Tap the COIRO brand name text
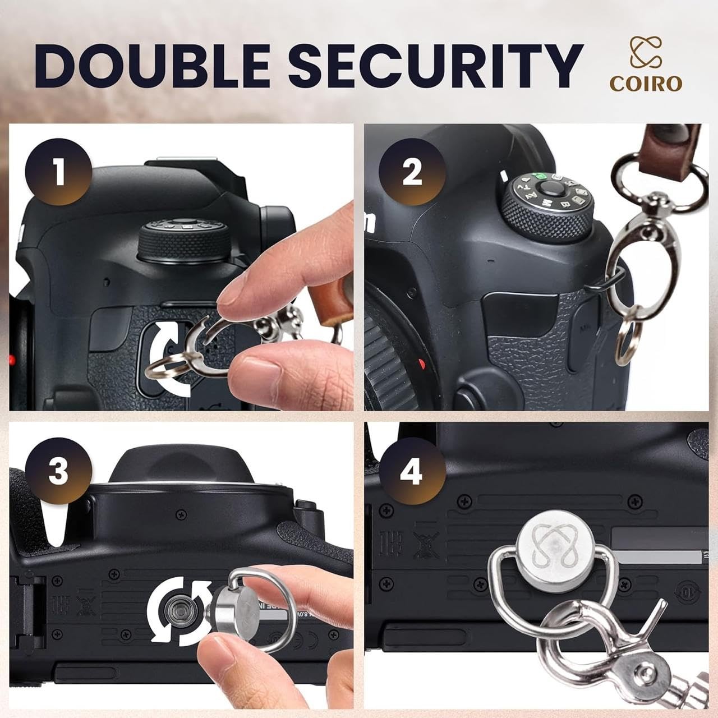coord(646,83)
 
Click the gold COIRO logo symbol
coord(646,52)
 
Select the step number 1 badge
coord(59,172)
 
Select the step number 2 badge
coord(412,172)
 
